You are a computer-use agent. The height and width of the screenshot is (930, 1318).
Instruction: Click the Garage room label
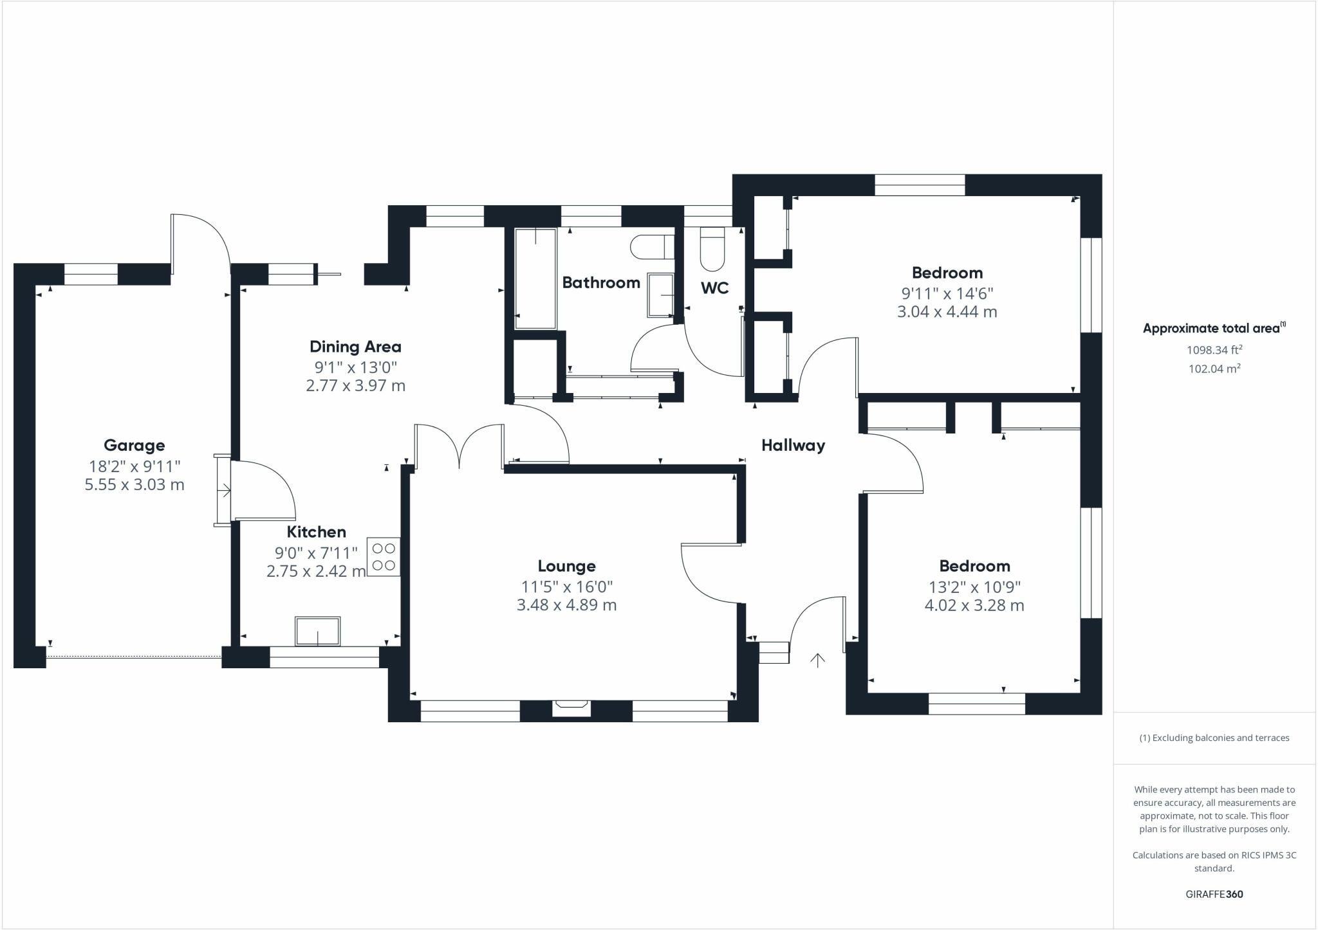pos(134,445)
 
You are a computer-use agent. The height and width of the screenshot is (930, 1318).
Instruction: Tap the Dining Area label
pos(355,347)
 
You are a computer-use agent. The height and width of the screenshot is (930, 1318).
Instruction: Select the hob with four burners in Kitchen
pos(384,557)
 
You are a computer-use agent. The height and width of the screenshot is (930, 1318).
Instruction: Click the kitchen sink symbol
pos(317,631)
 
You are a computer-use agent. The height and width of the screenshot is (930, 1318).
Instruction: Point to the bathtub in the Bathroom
pos(535,278)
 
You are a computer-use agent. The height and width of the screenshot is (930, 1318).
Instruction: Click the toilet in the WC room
pos(712,250)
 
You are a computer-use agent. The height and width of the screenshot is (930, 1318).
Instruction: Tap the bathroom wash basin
pos(661,295)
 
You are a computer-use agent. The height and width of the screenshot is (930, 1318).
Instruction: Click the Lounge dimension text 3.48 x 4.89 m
pos(566,605)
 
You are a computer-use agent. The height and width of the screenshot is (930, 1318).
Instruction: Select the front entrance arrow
pos(817,660)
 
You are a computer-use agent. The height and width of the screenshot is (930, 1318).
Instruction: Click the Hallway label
pos(793,445)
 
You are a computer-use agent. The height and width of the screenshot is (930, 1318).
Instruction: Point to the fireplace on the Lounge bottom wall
pos(571,707)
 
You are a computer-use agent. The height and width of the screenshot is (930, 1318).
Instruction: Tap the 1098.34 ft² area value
pos(1214,350)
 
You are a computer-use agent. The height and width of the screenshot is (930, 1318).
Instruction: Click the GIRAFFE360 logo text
pos(1214,894)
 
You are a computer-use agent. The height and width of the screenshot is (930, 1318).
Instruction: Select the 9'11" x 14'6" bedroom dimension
pos(947,293)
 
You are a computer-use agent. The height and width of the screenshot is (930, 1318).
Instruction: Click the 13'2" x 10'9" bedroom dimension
pos(974,587)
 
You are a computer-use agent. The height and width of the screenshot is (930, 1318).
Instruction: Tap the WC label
pos(714,287)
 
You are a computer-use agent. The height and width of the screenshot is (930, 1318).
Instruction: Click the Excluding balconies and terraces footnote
pos(1214,738)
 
